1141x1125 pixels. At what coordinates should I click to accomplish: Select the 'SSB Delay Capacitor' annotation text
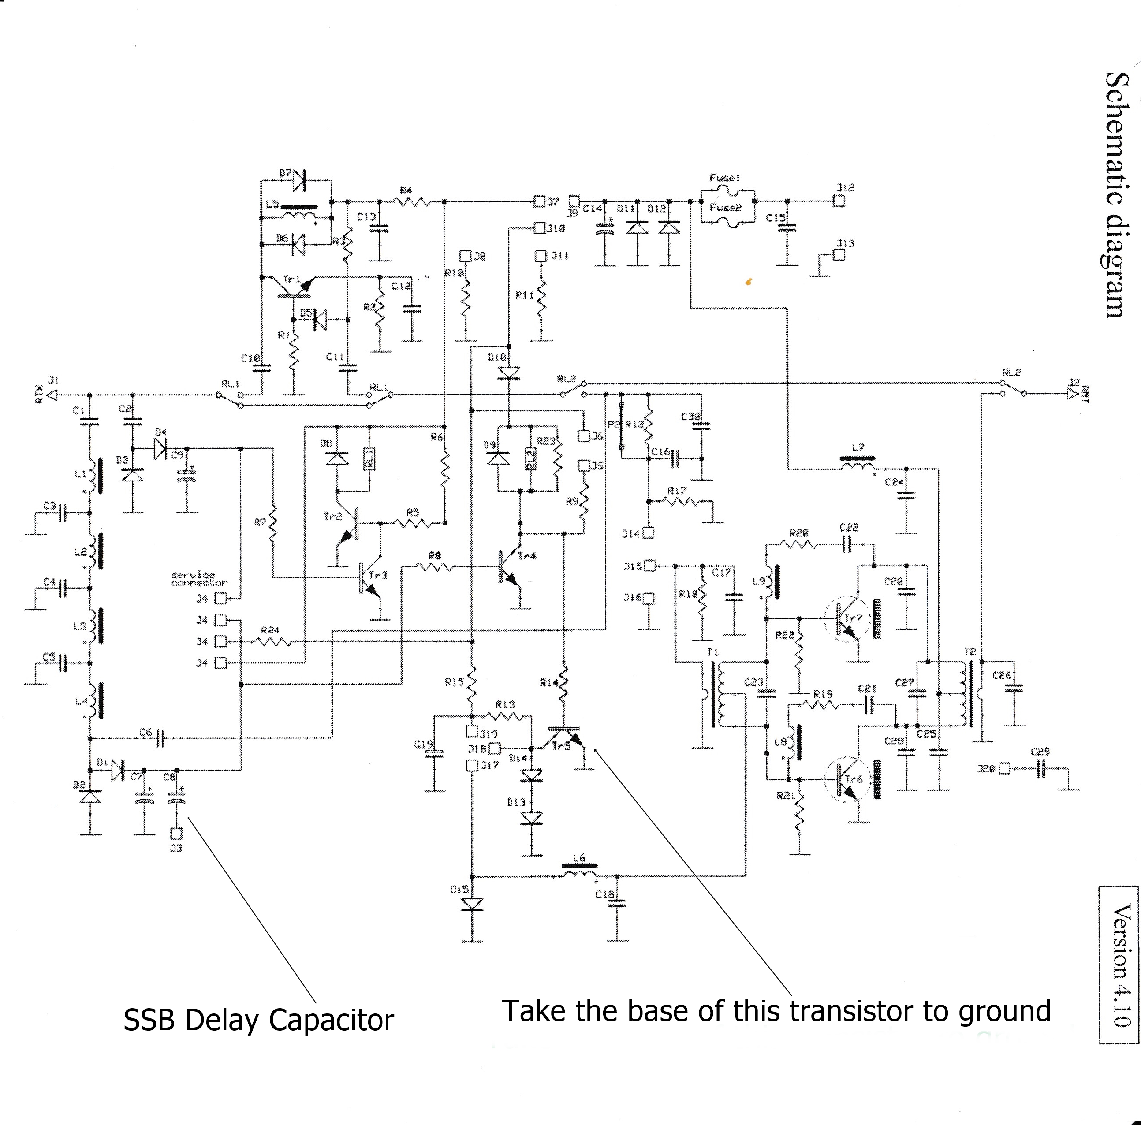258,1021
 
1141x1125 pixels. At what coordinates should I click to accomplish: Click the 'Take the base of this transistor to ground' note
776,1010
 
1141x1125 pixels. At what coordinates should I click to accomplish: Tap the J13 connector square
839,255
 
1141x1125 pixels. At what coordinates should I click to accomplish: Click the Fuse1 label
725,178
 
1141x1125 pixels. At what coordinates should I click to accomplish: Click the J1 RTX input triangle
52,395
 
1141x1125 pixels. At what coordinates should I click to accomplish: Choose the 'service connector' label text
199,578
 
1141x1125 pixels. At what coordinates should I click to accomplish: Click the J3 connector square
176,834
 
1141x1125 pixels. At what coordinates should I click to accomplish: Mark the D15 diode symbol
473,904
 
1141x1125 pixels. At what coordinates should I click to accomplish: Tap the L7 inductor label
858,447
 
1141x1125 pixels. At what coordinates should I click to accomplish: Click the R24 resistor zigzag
275,641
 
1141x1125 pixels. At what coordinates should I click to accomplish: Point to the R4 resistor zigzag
412,202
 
